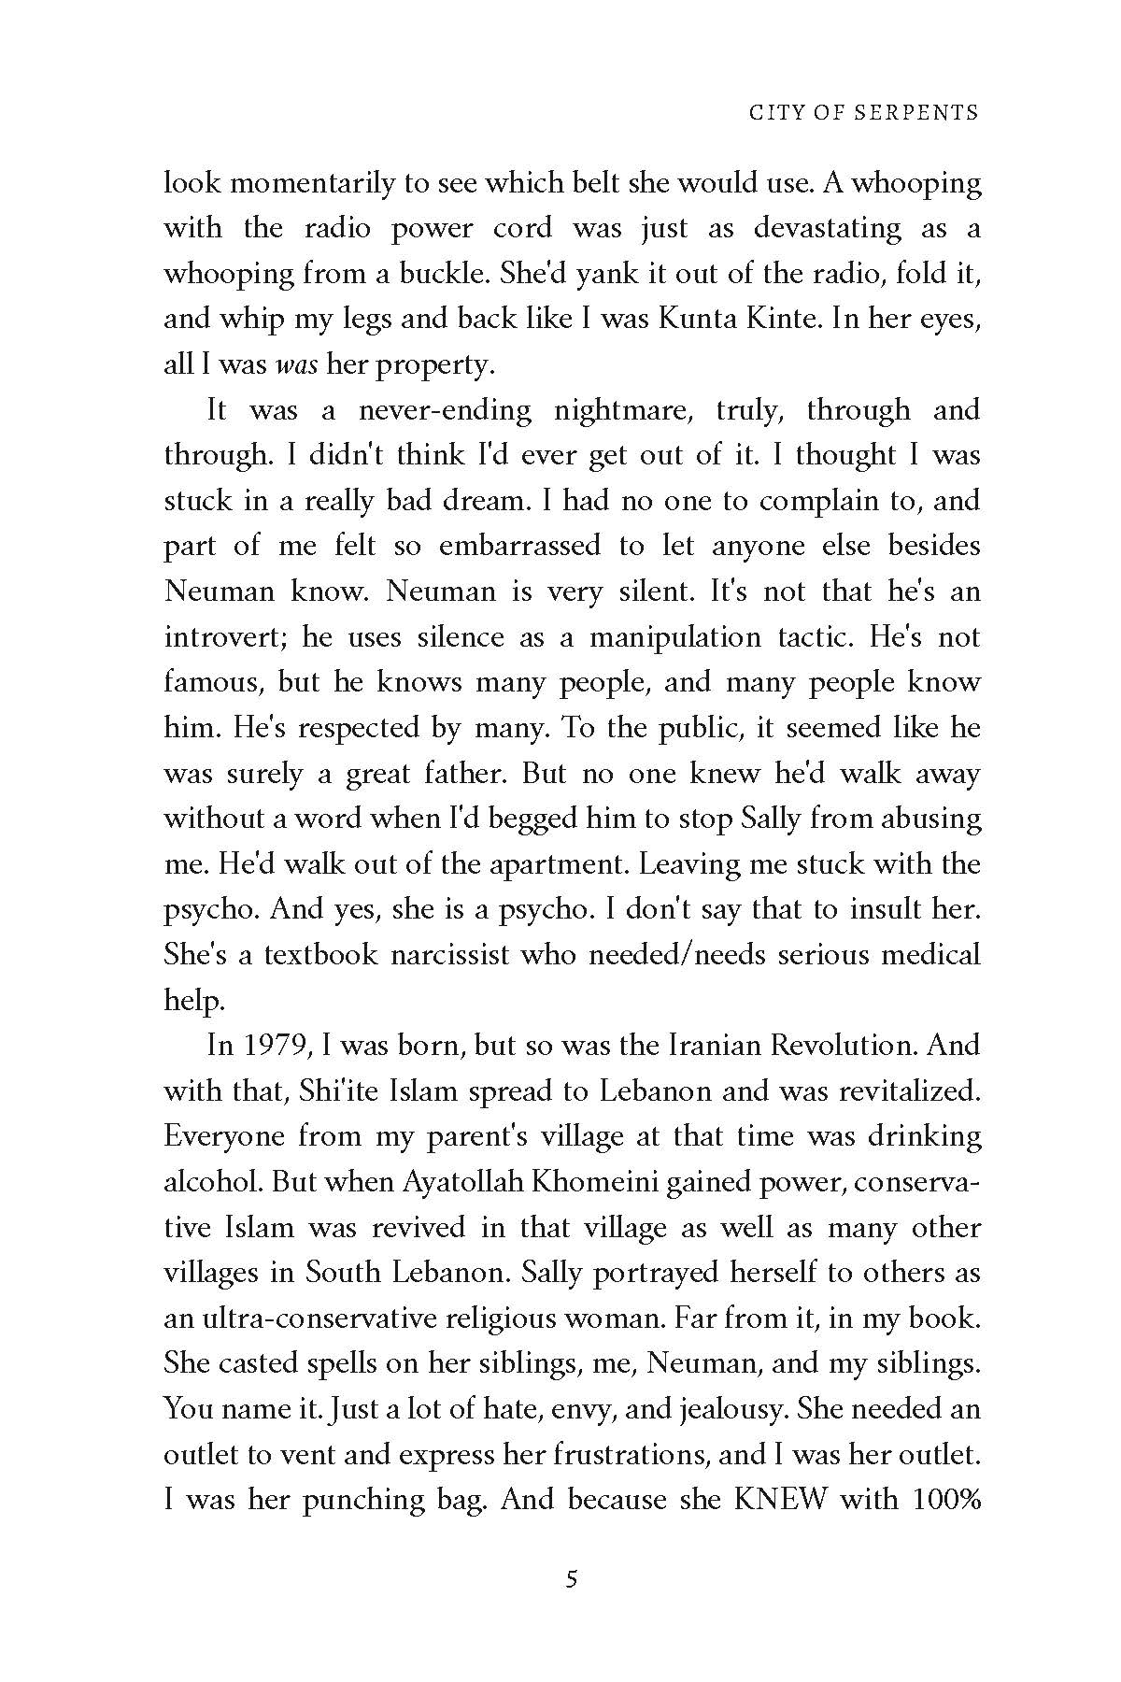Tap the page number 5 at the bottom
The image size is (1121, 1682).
pyautogui.click(x=573, y=1580)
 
